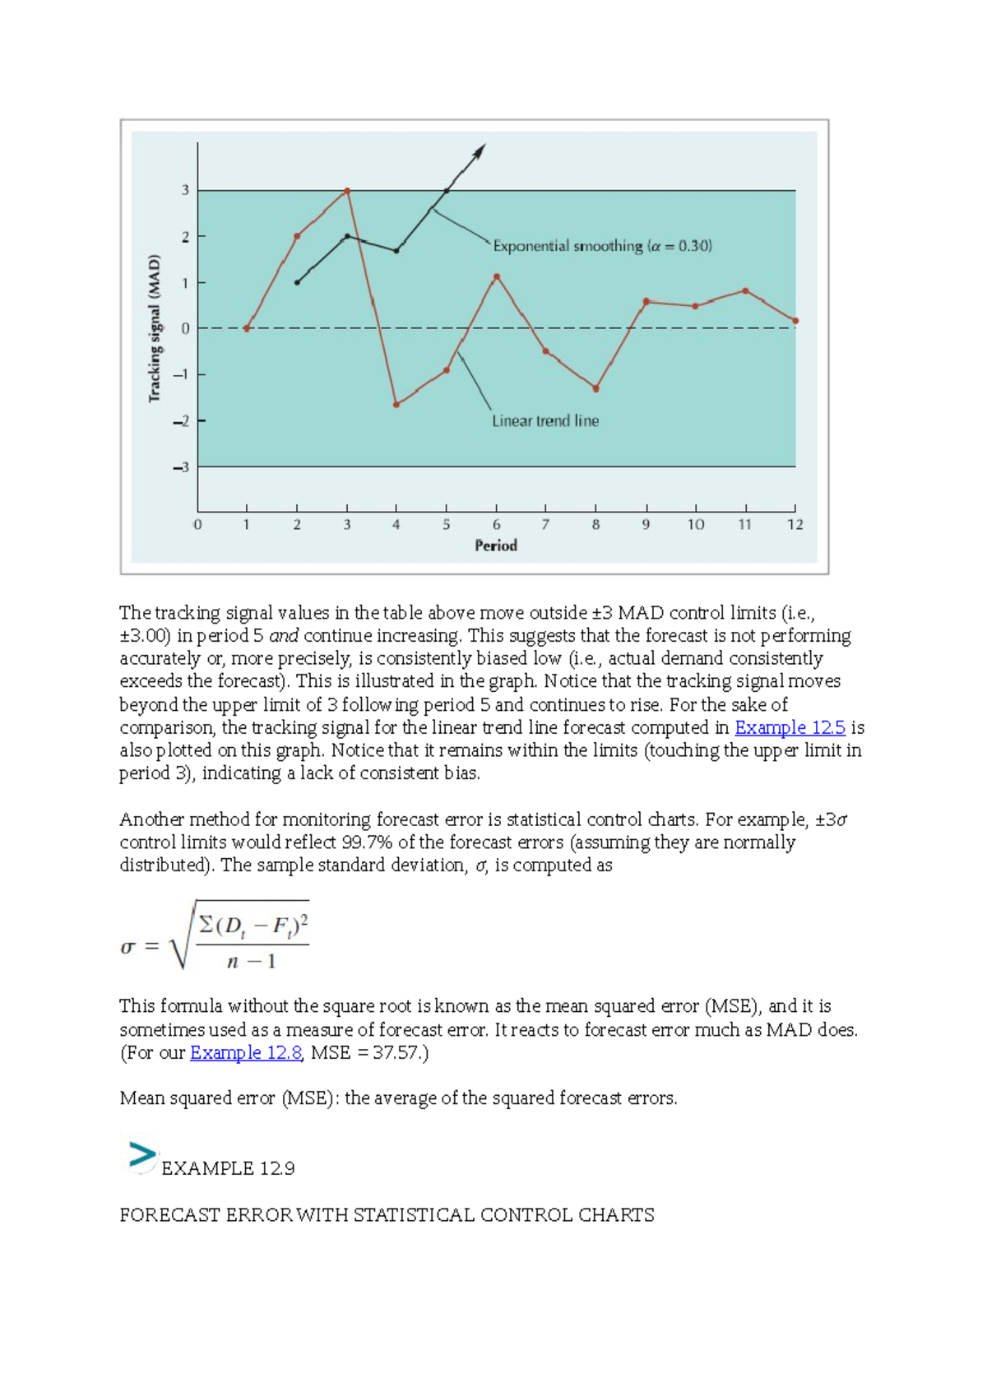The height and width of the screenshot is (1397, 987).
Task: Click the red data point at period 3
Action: (347, 191)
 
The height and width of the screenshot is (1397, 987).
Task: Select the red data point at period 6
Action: (497, 277)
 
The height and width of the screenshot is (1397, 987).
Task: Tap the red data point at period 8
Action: (596, 388)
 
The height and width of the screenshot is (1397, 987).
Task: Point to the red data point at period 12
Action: (795, 321)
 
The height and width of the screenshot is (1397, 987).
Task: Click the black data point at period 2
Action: (297, 283)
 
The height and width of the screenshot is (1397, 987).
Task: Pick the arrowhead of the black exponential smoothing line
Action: (480, 150)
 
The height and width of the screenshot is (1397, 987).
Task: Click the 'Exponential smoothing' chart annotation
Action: (602, 246)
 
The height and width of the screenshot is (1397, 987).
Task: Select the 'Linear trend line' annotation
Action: (545, 421)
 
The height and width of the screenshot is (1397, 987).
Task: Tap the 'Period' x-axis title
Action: (496, 545)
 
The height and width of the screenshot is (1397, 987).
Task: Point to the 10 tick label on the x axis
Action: (696, 525)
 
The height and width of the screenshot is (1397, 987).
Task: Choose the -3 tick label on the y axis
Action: (181, 467)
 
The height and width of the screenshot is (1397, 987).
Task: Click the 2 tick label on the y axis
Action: (186, 237)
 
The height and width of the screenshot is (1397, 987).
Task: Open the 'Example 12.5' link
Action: (790, 728)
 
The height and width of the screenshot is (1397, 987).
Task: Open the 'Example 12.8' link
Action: (246, 1053)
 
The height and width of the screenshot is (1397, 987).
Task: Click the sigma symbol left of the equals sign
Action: (127, 947)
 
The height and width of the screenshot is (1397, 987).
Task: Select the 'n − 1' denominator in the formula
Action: (252, 962)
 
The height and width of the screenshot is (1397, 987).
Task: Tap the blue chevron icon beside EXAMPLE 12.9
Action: (141, 1156)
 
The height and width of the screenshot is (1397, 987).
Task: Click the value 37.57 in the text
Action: (396, 1053)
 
